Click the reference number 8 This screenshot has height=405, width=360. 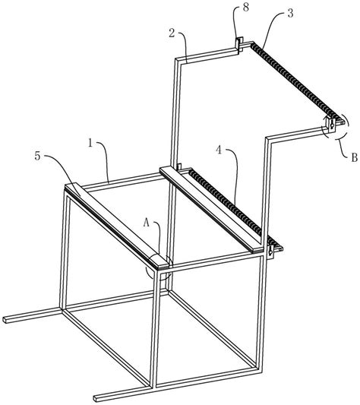pos(245,8)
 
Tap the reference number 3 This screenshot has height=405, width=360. pos(291,14)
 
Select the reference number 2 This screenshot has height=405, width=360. pos(172,33)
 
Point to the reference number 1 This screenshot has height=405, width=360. pos(90,143)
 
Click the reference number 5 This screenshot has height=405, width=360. pos(38,157)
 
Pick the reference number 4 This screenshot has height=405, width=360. pos(219,150)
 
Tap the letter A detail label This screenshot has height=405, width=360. pos(147,223)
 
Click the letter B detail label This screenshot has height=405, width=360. pos(355,157)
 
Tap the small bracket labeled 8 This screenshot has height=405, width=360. pos(238,44)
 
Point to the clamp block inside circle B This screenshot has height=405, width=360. pos(331,124)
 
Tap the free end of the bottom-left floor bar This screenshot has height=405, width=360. pos(5,319)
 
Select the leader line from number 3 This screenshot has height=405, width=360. pos(271,25)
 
